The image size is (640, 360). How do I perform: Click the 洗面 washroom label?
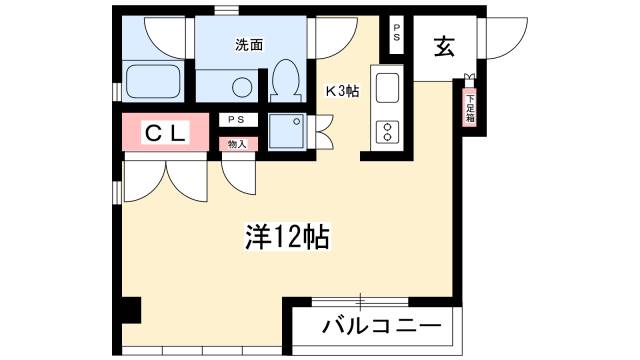pos(249,44)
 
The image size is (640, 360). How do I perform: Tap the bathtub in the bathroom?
pos(153,81)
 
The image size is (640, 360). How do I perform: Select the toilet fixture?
pos(285,81)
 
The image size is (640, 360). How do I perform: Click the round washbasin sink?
pos(242,87)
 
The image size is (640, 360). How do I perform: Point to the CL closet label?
pos(166,132)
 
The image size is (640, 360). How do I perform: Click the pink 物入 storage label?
pos(238,144)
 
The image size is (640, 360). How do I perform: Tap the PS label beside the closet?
pos(236,120)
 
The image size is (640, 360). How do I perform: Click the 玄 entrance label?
pos(444,46)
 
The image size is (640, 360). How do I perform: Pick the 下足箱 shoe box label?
pos(471,109)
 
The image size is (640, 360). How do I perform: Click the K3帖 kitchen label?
pos(342,91)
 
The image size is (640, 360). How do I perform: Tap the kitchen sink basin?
pos(387,88)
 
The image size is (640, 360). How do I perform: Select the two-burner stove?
pos(387,132)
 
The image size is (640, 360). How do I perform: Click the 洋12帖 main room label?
pos(287,237)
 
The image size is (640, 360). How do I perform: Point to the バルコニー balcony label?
pos(382,326)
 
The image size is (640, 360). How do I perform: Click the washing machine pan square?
pos(287,131)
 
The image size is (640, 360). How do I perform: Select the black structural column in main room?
pos(131,310)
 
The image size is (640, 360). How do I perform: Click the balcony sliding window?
pos(360,302)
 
